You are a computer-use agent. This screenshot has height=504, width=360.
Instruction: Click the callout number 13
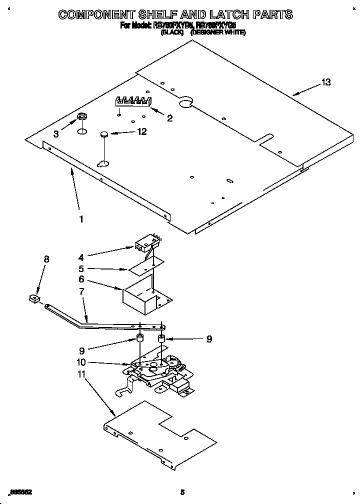pyautogui.click(x=325, y=82)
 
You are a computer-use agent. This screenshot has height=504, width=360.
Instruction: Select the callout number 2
pyautogui.click(x=169, y=118)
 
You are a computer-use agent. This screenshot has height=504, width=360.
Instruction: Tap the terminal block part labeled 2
pyautogui.click(x=132, y=101)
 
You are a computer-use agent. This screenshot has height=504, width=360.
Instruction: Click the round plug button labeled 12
pyautogui.click(x=104, y=133)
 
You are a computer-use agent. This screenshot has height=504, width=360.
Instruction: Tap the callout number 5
pyautogui.click(x=81, y=268)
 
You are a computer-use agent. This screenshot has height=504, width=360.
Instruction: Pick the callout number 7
pyautogui.click(x=81, y=291)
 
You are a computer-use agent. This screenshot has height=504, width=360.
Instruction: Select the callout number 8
pyautogui.click(x=46, y=259)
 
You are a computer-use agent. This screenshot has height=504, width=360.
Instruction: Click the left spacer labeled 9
pyautogui.click(x=140, y=339)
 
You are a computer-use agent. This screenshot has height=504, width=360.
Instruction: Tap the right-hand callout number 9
pyautogui.click(x=209, y=339)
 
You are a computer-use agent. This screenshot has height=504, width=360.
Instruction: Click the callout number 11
pyautogui.click(x=81, y=374)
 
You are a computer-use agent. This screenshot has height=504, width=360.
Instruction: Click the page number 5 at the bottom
pyautogui.click(x=183, y=492)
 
